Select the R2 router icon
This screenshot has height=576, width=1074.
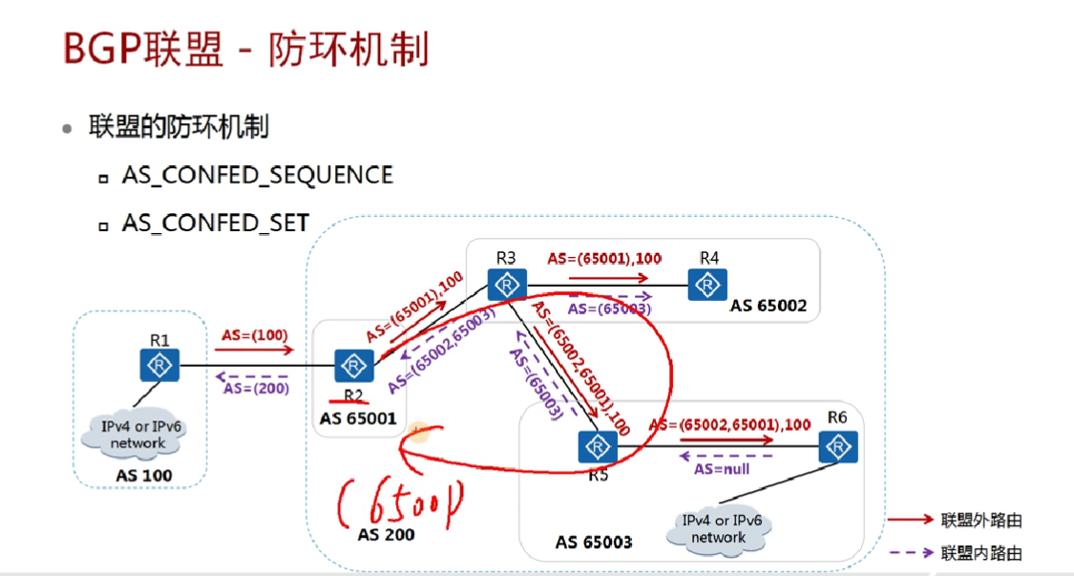[x=354, y=366]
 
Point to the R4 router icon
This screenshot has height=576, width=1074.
[x=707, y=284]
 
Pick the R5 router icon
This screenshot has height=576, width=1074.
[x=597, y=446]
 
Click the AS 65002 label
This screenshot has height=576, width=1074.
[x=769, y=306]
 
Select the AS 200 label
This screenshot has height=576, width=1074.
[x=387, y=534]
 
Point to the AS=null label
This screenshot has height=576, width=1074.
[x=721, y=469]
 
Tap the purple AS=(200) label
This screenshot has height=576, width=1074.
[x=255, y=388]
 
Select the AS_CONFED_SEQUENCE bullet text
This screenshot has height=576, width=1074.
[x=257, y=175]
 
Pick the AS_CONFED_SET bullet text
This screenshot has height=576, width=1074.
[x=215, y=223]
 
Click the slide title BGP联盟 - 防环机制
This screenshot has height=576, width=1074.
[x=245, y=48]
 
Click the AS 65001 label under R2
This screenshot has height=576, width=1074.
[x=359, y=418]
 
